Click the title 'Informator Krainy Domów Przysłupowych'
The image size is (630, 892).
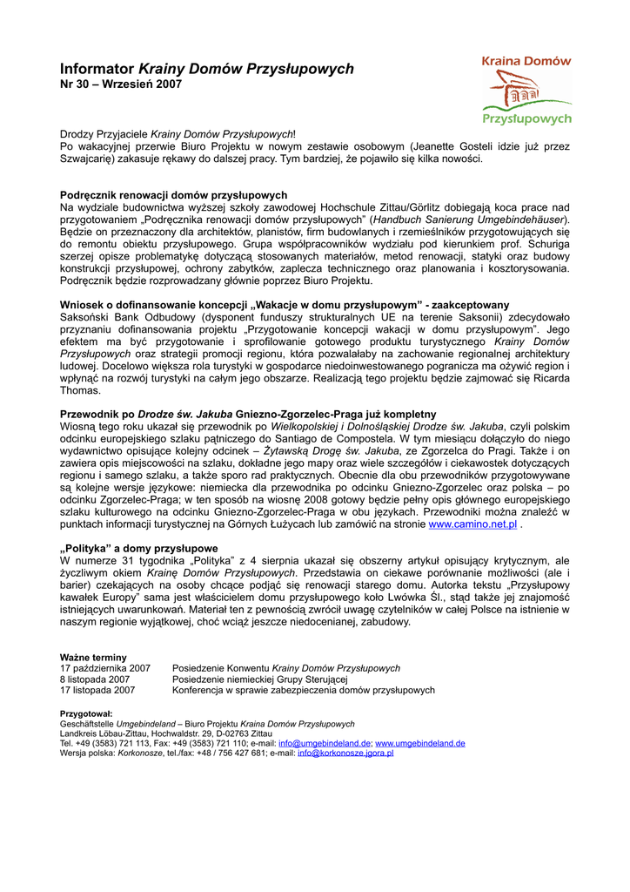[206, 69]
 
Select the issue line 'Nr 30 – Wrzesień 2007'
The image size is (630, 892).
[121, 84]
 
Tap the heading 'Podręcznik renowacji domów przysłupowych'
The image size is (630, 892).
[173, 195]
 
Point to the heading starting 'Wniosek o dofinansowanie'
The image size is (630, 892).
[285, 305]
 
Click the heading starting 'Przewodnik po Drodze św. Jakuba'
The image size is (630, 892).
[248, 414]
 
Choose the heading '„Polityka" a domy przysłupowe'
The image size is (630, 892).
[138, 548]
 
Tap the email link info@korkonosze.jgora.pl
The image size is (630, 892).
[345, 753]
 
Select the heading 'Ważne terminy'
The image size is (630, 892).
[93, 657]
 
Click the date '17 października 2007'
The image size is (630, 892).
[104, 668]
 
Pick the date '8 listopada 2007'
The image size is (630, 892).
[95, 679]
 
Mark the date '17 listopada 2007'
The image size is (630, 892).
[97, 690]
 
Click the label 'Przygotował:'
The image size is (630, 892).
[85, 713]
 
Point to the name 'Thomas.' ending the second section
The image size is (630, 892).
[80, 391]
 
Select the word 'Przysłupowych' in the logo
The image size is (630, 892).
[526, 118]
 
